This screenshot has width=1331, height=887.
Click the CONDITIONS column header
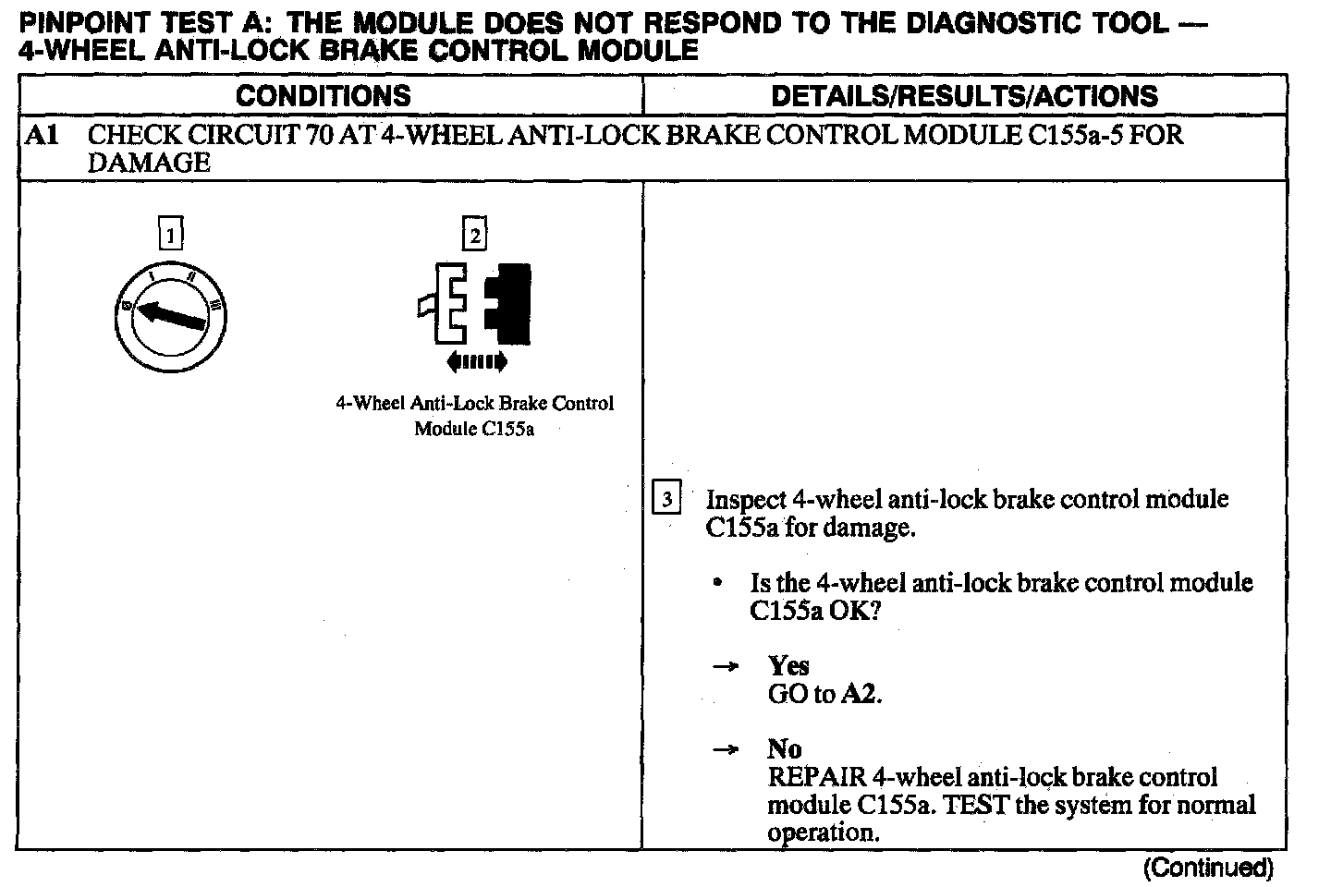pyautogui.click(x=323, y=96)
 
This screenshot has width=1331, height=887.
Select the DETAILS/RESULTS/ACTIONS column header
pyautogui.click(x=963, y=96)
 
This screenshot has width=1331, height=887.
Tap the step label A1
pyautogui.click(x=43, y=136)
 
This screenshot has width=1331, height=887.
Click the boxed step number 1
pyautogui.click(x=171, y=235)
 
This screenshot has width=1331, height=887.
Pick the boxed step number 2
pyautogui.click(x=474, y=236)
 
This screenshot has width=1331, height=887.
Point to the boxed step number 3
pyautogui.click(x=666, y=499)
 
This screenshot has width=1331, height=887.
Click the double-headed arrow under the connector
pyautogui.click(x=476, y=361)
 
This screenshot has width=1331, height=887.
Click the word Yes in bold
pyautogui.click(x=788, y=665)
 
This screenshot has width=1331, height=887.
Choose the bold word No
pyautogui.click(x=784, y=748)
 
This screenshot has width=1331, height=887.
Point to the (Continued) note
pyautogui.click(x=1208, y=868)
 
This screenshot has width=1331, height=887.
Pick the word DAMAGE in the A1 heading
pyautogui.click(x=149, y=164)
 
